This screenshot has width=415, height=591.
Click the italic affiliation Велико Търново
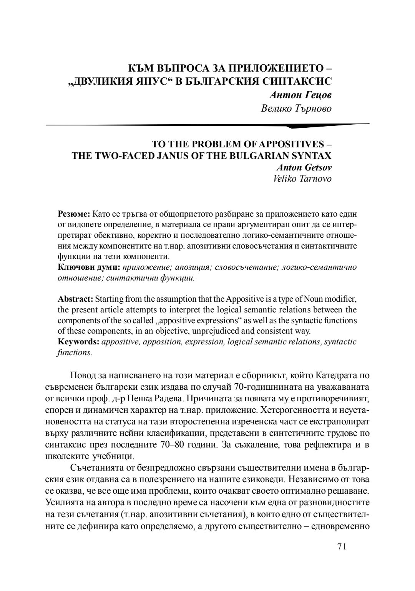click(296, 109)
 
